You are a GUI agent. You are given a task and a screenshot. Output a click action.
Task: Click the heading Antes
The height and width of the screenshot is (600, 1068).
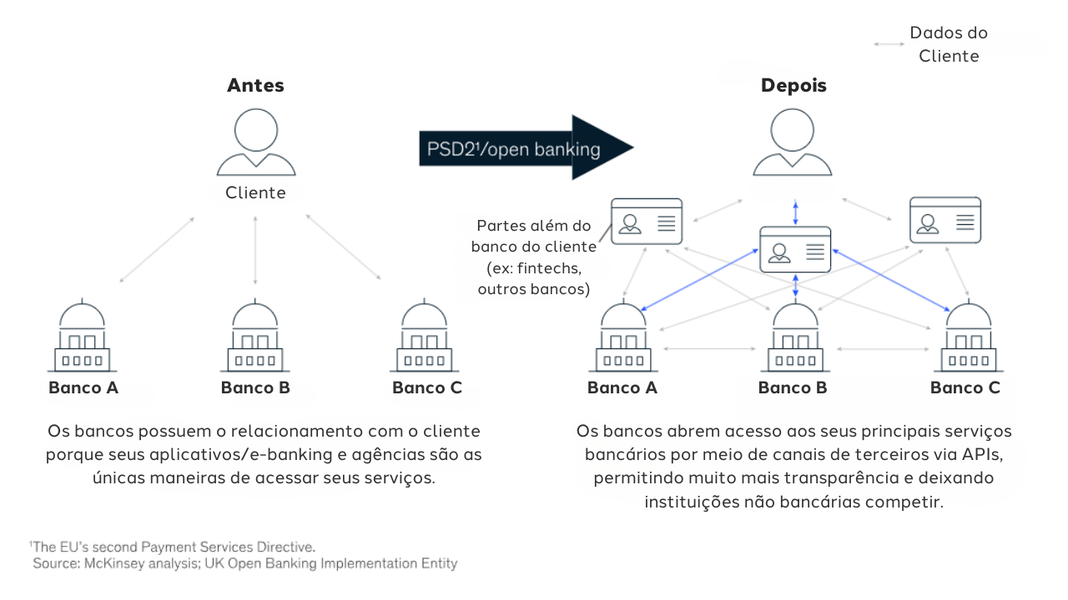pyautogui.click(x=255, y=85)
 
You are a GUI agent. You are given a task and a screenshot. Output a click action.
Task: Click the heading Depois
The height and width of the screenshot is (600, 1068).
pyautogui.click(x=793, y=85)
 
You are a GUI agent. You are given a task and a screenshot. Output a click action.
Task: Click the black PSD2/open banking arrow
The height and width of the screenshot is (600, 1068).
pyautogui.click(x=526, y=147)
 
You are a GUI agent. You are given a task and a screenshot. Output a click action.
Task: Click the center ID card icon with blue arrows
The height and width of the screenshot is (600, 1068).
pyautogui.click(x=795, y=249)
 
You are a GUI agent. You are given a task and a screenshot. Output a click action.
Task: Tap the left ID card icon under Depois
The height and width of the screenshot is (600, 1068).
pyautogui.click(x=647, y=221)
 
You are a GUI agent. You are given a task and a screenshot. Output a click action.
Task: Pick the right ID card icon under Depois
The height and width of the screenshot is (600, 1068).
pyautogui.click(x=945, y=220)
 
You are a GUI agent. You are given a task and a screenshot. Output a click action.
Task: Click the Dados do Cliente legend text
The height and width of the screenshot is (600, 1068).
pyautogui.click(x=949, y=44)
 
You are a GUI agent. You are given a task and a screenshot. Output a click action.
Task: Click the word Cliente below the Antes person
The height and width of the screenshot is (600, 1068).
pyautogui.click(x=255, y=193)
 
